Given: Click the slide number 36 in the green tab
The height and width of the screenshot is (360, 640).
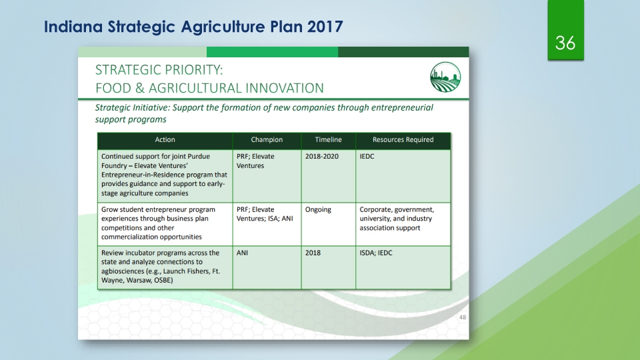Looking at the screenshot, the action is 565,43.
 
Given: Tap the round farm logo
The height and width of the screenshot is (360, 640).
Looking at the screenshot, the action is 445,77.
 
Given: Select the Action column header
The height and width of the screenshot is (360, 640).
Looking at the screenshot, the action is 165,139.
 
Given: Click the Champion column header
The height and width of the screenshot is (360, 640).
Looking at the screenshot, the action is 267,139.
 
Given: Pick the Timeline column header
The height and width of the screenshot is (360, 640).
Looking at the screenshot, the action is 328,139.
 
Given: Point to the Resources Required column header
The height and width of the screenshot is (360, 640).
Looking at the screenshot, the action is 403,139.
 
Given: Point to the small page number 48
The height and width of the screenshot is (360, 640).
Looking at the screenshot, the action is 463,317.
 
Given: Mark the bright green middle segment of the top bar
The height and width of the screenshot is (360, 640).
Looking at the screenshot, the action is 272,52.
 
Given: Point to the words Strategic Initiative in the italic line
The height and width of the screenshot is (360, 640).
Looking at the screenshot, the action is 132,108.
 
